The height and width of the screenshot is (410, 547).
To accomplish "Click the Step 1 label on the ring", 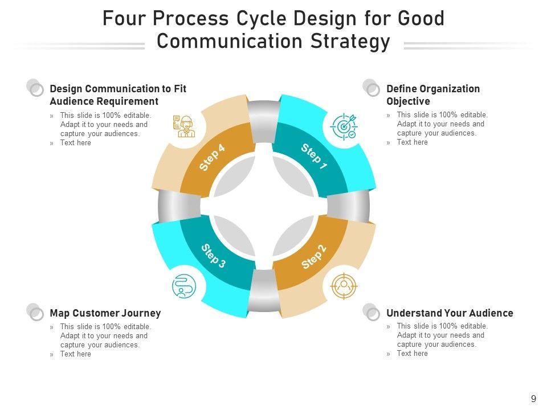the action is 314,157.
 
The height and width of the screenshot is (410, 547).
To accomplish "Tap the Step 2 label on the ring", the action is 314,257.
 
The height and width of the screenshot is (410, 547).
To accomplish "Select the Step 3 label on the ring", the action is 214,256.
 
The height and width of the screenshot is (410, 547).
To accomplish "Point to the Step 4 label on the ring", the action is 213,158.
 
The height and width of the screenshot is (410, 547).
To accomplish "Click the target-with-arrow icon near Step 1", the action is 344,126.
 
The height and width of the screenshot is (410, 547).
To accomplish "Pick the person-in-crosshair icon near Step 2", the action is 344,285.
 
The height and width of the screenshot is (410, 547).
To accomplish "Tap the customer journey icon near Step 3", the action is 183,286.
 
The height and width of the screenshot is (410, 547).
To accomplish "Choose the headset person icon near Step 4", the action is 183,126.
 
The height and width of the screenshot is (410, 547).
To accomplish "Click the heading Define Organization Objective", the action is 433,95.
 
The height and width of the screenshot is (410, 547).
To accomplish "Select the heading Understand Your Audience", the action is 450,313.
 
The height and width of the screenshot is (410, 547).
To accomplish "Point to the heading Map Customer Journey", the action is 105,313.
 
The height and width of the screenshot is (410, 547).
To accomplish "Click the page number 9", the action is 533,399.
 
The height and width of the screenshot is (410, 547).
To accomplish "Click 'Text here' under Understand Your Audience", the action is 412,354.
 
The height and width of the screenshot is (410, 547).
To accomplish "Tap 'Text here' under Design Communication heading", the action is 76,143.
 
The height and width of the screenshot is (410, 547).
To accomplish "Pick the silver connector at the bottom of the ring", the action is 263,292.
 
